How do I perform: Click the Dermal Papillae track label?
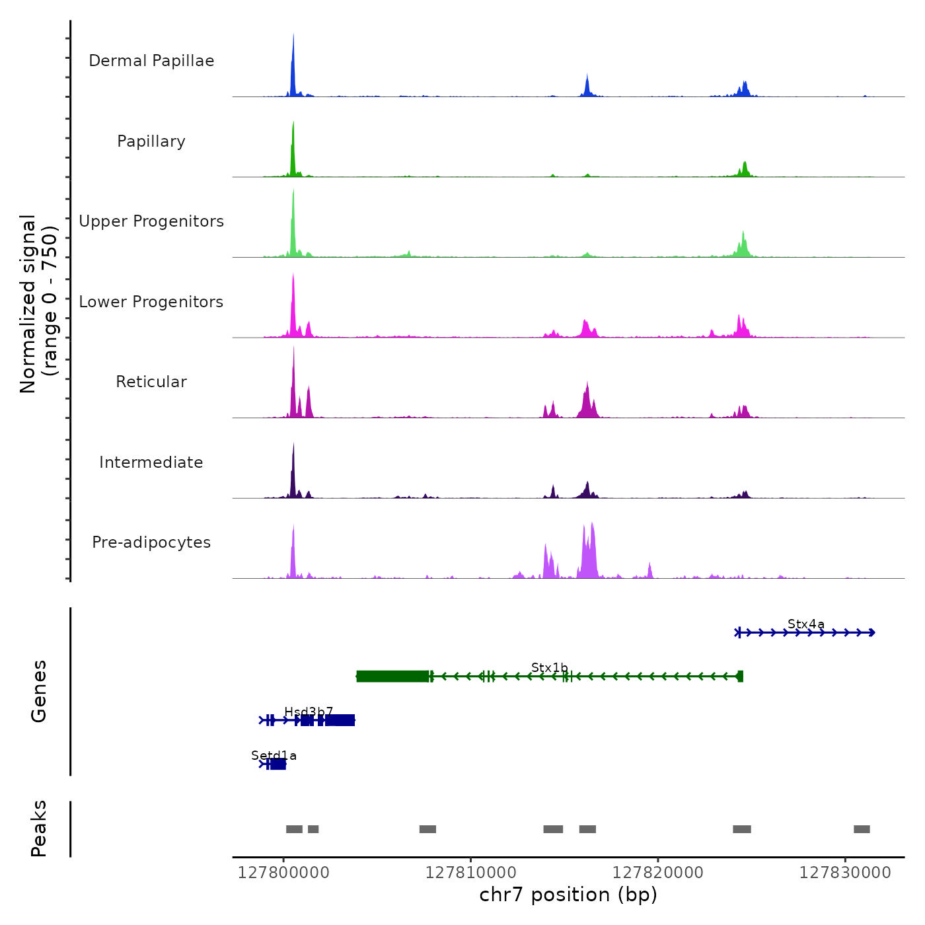[x=151, y=61]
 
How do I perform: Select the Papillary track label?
[x=151, y=141]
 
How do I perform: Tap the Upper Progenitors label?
[x=151, y=221]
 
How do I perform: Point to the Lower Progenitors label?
[x=151, y=302]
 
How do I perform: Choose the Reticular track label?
[x=151, y=382]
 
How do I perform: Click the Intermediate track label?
[x=151, y=462]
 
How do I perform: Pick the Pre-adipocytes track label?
[x=151, y=542]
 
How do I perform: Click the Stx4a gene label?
[x=806, y=624]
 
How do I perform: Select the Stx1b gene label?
[x=550, y=668]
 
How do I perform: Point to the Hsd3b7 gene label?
[x=309, y=712]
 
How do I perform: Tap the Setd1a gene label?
[x=274, y=755]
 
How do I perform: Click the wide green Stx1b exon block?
[x=392, y=676]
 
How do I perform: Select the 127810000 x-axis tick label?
[x=471, y=873]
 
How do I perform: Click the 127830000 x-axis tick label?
[x=845, y=873]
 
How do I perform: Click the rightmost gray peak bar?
[x=862, y=829]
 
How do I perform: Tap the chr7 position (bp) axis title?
[x=568, y=895]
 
